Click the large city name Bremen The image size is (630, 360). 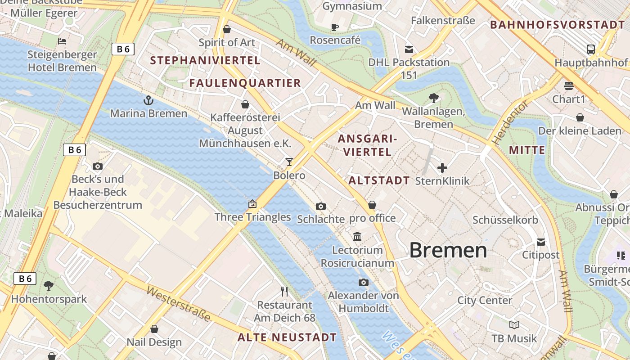click(448, 250)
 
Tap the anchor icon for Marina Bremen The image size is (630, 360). click(148, 100)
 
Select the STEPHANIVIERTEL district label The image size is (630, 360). click(205, 60)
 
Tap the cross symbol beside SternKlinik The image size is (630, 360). click(442, 168)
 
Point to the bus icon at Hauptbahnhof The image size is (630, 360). click(590, 49)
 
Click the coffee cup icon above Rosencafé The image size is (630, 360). click(335, 27)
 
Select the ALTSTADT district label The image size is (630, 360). click(379, 181)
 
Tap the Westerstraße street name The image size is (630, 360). click(179, 304)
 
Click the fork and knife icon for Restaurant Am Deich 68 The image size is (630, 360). click(284, 292)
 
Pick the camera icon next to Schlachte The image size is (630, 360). click(320, 206)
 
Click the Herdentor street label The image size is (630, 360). click(510, 122)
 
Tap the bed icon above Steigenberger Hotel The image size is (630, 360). click(62, 41)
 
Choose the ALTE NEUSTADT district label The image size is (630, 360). click(287, 337)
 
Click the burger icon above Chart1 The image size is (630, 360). click(569, 86)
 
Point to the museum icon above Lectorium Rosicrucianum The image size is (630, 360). click(357, 236)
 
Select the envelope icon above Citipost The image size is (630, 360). click(540, 242)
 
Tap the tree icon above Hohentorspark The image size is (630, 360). click(49, 285)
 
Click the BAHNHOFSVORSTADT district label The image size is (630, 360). click(558, 25)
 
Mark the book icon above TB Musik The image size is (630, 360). click(514, 325)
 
